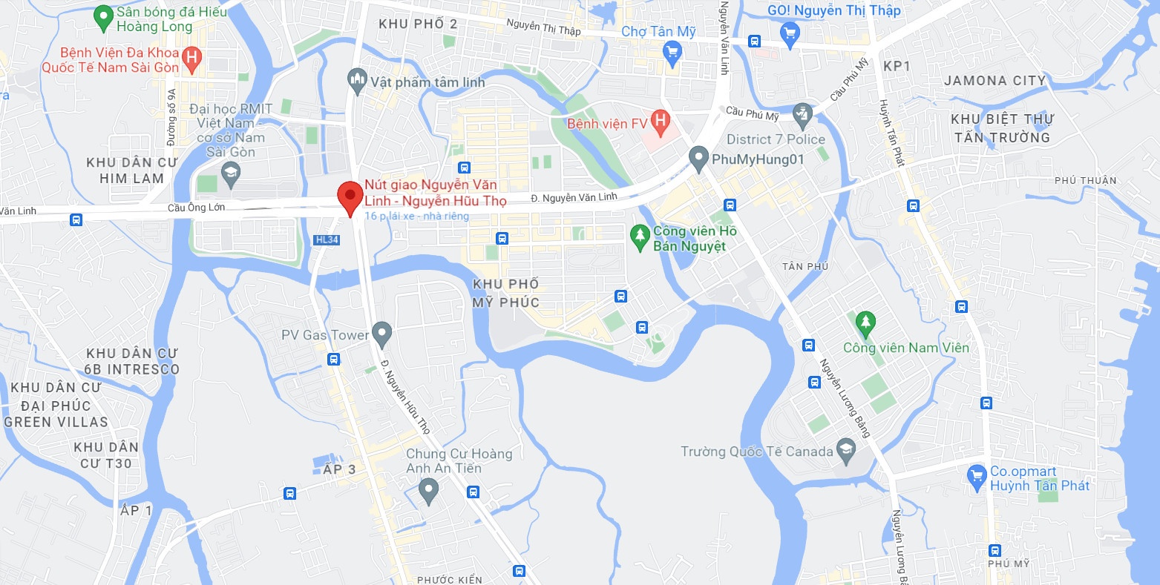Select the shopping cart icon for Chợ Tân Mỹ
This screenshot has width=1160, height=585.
click(672, 52)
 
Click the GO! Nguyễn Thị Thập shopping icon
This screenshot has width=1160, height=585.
click(790, 32)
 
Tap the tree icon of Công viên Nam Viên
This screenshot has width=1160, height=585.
click(865, 323)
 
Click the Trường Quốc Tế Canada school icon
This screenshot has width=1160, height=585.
click(845, 449)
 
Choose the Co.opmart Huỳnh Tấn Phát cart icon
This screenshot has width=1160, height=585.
click(977, 474)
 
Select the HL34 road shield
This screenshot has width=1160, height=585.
click(327, 239)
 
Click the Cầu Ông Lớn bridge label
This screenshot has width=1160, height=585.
click(196, 208)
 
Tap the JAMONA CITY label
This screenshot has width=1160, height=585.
click(994, 80)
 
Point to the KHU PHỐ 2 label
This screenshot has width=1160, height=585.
click(418, 24)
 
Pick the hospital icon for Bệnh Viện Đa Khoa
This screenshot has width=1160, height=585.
click(192, 58)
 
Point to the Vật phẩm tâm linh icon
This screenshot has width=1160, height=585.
click(357, 79)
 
